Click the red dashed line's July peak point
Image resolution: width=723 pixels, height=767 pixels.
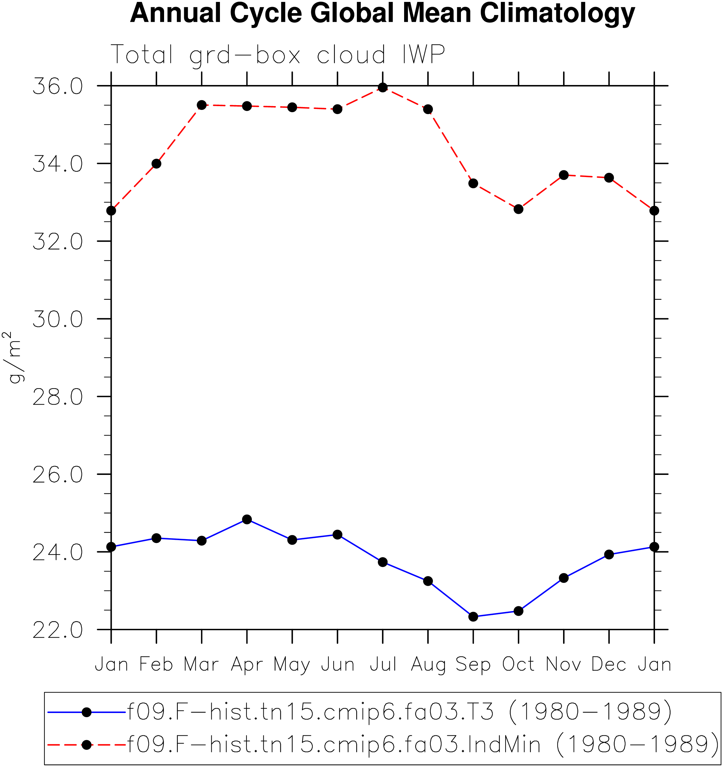[x=383, y=88]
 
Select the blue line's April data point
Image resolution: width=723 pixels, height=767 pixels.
[x=247, y=519]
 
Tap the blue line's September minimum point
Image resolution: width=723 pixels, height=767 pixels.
[x=473, y=616]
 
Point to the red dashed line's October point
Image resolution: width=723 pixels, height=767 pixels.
[x=518, y=209]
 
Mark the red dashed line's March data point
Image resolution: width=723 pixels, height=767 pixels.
[x=201, y=105]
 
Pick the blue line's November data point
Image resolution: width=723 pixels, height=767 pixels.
[x=564, y=578]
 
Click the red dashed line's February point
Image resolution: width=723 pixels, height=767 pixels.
[x=156, y=164]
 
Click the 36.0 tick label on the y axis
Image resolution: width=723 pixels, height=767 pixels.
[x=58, y=86]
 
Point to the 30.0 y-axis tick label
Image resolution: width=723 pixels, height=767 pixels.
[x=58, y=319]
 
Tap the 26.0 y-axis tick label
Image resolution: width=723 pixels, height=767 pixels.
[x=58, y=475]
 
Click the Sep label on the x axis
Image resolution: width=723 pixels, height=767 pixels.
[x=473, y=665]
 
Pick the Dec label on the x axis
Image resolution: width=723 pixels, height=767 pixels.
[x=609, y=664]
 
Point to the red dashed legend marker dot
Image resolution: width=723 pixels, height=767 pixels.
[x=87, y=745]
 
